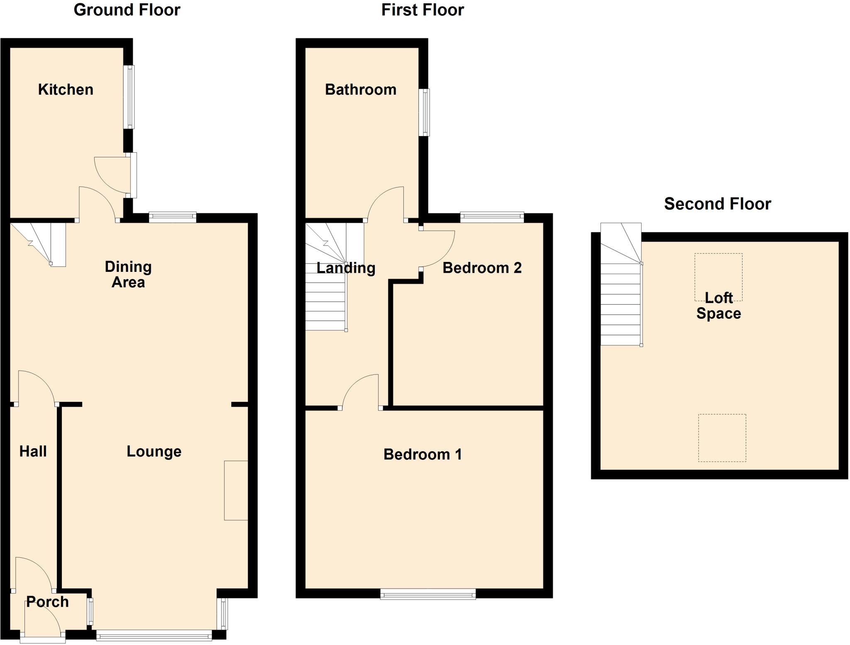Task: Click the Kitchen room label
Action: (66, 90)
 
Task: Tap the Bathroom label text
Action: (360, 90)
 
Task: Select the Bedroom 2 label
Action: (482, 268)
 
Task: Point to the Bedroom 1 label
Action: (422, 454)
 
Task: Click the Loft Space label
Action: (718, 305)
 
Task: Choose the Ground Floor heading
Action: (127, 10)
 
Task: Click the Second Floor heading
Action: (717, 204)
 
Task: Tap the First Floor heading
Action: (422, 10)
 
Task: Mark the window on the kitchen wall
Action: (130, 97)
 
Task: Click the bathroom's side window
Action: (425, 112)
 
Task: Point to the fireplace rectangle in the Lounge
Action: (236, 490)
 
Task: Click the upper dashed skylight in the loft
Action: (718, 277)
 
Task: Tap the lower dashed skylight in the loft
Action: (722, 437)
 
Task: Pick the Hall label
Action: (33, 452)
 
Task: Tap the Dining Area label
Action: (128, 274)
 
